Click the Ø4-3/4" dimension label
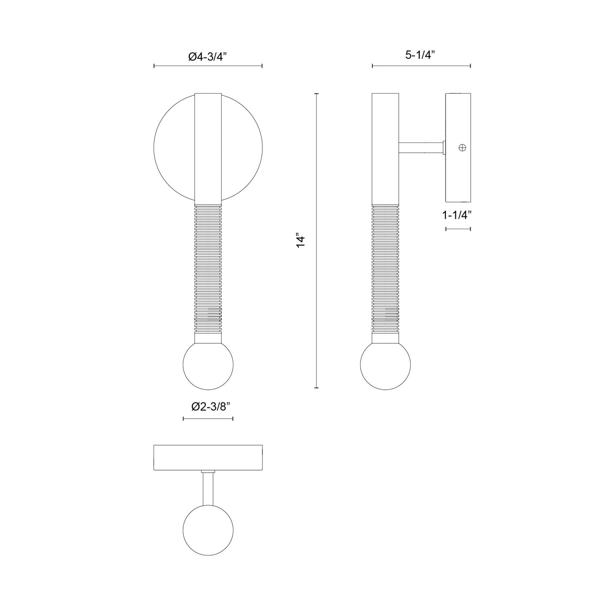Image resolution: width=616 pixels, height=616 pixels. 207,57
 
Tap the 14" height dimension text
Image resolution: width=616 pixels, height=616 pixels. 301,241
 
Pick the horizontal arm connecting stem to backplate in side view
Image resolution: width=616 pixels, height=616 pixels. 421,148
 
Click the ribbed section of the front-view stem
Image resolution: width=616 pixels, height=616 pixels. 208,267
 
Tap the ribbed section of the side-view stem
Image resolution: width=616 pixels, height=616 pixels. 385,267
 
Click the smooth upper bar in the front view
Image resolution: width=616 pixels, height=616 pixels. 208,148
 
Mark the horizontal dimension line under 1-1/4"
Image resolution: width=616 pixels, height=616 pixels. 458,229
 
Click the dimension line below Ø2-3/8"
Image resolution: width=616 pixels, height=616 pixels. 208,418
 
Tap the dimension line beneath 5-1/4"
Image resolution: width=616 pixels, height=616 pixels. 421,66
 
